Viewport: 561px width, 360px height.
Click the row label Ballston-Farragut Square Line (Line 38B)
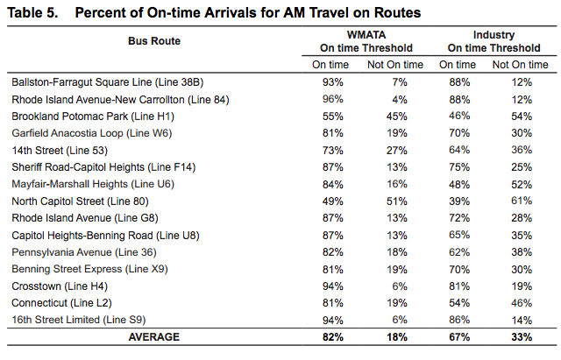[x=107, y=81]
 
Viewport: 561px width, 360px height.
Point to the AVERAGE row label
[x=153, y=336]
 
